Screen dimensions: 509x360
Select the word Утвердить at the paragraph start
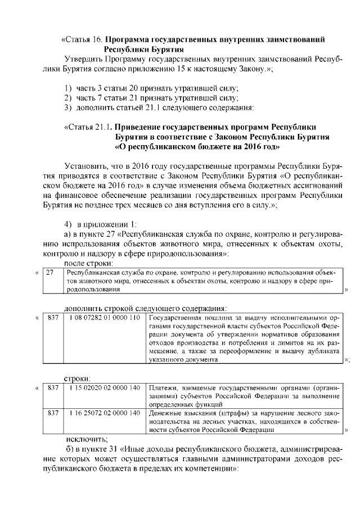(x=85, y=58)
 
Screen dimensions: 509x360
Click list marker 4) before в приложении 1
(x=69, y=224)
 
